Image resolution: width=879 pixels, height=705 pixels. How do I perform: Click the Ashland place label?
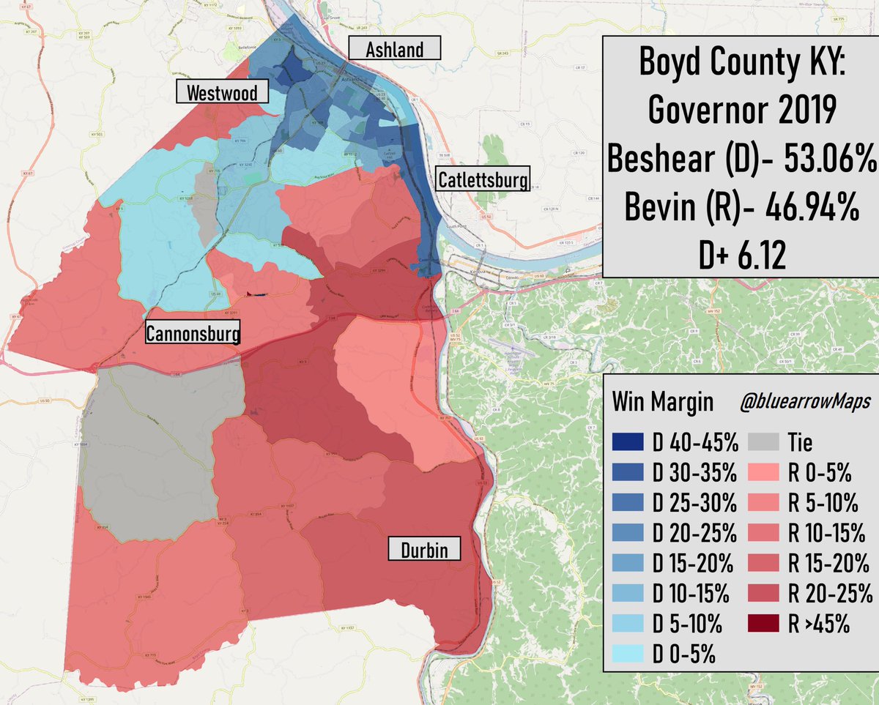tap(395, 49)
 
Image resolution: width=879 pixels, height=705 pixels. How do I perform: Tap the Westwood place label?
tap(221, 93)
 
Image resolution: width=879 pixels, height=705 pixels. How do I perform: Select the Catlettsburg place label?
tap(482, 179)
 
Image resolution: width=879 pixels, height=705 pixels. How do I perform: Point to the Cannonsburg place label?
tap(193, 334)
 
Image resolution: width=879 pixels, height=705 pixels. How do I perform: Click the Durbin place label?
tap(424, 549)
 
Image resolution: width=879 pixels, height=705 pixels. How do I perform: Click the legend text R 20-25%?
tap(828, 594)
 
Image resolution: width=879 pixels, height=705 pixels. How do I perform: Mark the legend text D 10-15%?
tap(692, 594)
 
